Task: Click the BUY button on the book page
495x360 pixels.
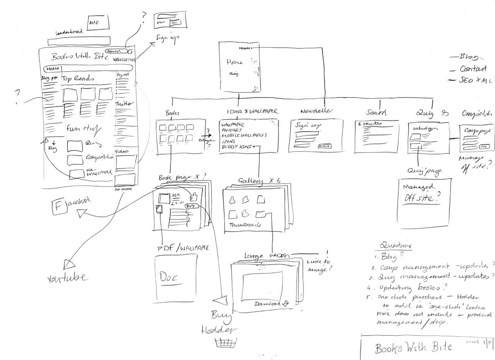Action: coord(191,206)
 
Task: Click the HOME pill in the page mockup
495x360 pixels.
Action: coord(52,69)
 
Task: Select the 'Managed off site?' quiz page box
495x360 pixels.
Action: coord(423,203)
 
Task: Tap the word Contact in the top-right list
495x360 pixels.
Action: coord(473,69)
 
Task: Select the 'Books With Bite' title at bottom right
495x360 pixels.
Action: coord(413,347)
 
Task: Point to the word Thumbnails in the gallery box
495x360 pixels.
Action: coord(245,225)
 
